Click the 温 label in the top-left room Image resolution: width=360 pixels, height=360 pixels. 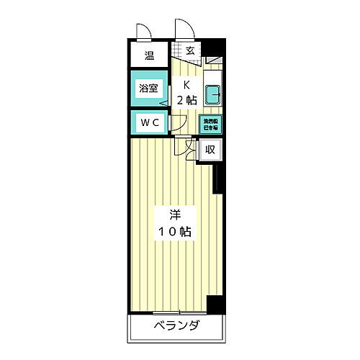pos(149,56)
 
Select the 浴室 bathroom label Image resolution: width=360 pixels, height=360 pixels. pos(149,89)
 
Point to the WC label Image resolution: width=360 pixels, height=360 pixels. pos(149,122)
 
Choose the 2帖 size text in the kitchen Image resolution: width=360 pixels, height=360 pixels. pos(185,100)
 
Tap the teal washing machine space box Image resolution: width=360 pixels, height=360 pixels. pos(211,123)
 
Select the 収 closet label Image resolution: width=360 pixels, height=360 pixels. pos(210,150)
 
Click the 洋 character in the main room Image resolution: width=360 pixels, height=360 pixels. pos(174,215)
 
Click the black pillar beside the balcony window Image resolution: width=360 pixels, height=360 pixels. pos(214,304)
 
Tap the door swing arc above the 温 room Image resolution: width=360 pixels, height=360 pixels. pos(142,32)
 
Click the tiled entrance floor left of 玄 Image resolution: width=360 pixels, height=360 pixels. pos(177,51)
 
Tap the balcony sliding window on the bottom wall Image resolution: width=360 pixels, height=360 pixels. pos(176,312)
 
